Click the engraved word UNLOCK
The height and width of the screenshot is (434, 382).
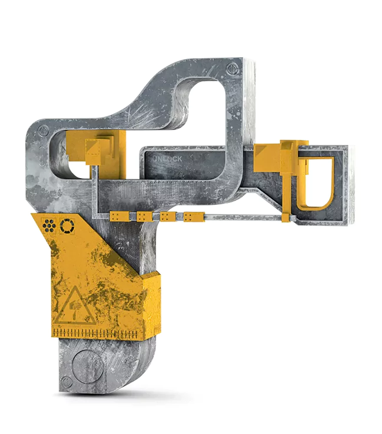point(167,159)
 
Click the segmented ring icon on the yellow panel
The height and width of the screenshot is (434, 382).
point(67,226)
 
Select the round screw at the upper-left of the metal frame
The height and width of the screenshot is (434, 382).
point(43,130)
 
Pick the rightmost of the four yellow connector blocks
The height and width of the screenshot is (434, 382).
point(193,216)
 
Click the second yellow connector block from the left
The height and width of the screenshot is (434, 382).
point(144,216)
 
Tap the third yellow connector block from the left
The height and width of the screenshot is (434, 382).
point(168,216)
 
